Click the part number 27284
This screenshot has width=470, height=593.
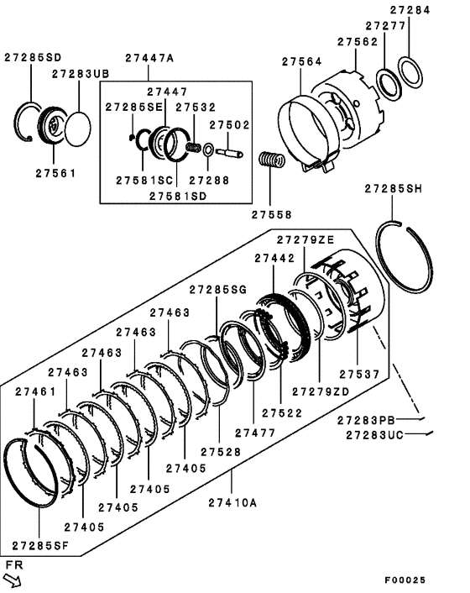pyautogui.click(x=433, y=11)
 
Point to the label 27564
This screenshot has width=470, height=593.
pyautogui.click(x=301, y=61)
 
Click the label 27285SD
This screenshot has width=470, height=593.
pyautogui.click(x=32, y=58)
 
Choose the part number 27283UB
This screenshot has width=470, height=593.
pyautogui.click(x=81, y=74)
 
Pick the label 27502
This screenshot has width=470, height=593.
pyautogui.click(x=229, y=124)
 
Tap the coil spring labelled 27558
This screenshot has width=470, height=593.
pyautogui.click(x=268, y=161)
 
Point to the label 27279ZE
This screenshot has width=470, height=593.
pyautogui.click(x=305, y=239)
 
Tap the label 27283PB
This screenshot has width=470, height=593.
pyautogui.click(x=367, y=420)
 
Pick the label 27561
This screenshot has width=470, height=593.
pyautogui.click(x=55, y=173)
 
